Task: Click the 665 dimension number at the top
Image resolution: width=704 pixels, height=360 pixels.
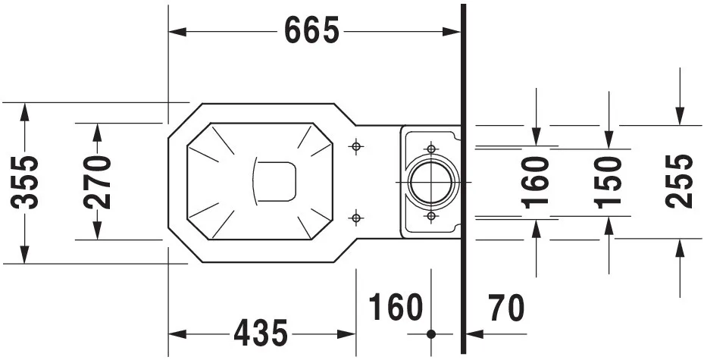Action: click(312, 30)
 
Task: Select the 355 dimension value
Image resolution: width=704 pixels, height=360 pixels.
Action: click(25, 182)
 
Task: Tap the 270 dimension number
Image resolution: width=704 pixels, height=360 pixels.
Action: click(97, 182)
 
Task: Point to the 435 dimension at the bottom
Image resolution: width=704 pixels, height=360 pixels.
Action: click(261, 333)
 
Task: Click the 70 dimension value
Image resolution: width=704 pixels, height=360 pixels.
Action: click(506, 308)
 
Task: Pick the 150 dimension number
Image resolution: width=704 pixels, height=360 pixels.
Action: click(608, 182)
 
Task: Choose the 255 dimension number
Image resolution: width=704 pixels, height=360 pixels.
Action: click(679, 181)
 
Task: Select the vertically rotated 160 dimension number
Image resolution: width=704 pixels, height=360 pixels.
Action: click(536, 182)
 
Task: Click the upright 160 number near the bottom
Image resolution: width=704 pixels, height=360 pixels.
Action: click(396, 308)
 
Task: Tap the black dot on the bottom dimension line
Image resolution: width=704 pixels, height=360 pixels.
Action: click(431, 334)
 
